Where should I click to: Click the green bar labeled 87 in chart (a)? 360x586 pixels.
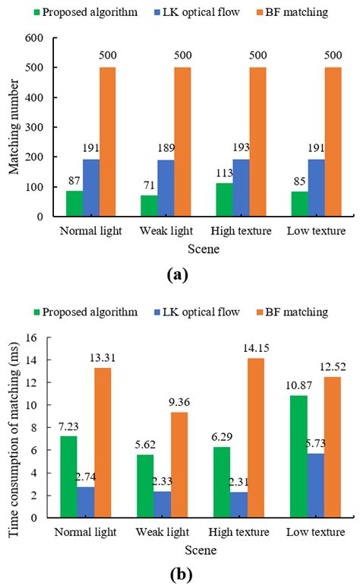(74, 204)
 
